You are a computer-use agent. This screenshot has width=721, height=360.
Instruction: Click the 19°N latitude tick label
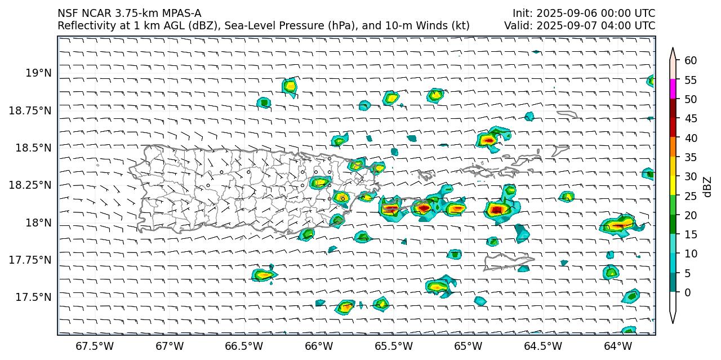tap(38, 73)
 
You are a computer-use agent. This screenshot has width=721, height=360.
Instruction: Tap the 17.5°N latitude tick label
tap(35, 297)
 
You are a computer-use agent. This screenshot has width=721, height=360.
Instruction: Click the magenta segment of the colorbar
tap(673, 89)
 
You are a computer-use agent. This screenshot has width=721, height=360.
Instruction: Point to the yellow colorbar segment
tap(673, 186)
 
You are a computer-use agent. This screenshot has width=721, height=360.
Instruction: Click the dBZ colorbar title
tap(707, 186)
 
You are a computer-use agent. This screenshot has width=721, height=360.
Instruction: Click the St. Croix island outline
tap(506, 261)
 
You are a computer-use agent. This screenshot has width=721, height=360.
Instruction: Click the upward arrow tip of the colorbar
tap(673, 50)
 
